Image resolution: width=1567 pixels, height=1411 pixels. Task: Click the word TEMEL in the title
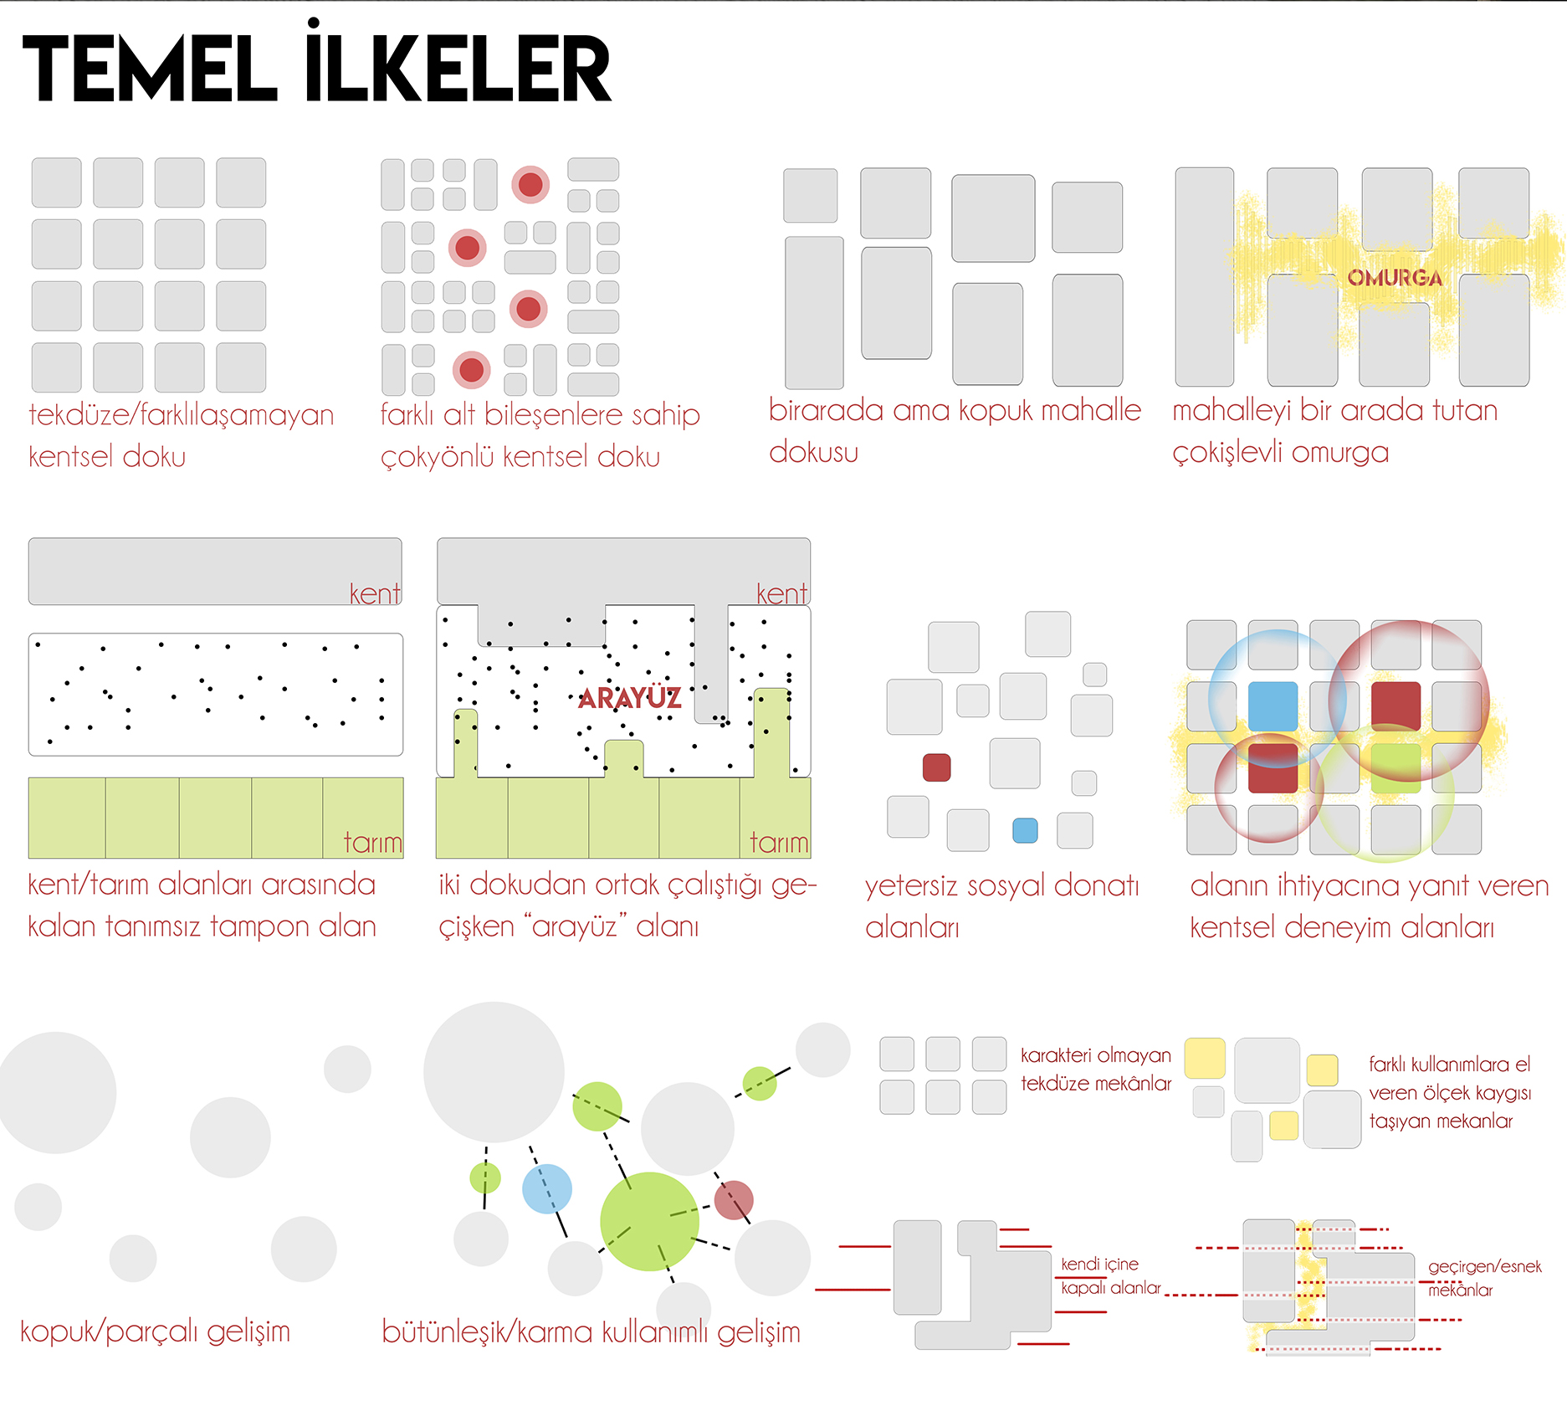pyautogui.click(x=150, y=69)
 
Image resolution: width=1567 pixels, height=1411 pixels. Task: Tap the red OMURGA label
pyautogui.click(x=1395, y=278)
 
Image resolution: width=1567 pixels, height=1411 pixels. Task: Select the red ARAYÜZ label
pyautogui.click(x=630, y=698)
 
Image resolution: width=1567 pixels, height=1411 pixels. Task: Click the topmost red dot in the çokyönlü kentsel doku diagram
pyautogui.click(x=530, y=184)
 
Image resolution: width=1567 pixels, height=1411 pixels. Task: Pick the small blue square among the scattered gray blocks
pyautogui.click(x=1025, y=830)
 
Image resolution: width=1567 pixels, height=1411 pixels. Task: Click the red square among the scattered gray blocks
pyautogui.click(x=936, y=767)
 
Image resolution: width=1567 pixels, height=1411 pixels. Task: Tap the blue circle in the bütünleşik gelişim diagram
pyautogui.click(x=547, y=1188)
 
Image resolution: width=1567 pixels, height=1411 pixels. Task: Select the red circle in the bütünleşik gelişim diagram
pyautogui.click(x=734, y=1200)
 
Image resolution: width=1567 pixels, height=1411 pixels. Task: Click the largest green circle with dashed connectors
pyautogui.click(x=649, y=1222)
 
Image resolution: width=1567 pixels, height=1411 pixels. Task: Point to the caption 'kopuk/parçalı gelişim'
pyautogui.click(x=155, y=1331)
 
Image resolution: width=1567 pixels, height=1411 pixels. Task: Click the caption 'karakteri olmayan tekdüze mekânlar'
pyautogui.click(x=1096, y=1070)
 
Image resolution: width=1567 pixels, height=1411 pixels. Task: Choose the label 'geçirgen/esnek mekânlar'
pyautogui.click(x=1484, y=1278)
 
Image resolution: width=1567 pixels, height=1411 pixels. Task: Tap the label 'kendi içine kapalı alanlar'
pyautogui.click(x=1110, y=1275)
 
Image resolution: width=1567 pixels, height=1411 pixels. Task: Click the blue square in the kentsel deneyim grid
pyautogui.click(x=1273, y=706)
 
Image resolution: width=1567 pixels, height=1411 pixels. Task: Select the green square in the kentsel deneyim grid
pyautogui.click(x=1395, y=767)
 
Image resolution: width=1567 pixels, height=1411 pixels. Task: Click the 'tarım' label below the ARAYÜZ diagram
pyautogui.click(x=779, y=843)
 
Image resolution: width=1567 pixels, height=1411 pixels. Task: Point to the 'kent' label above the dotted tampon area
pyautogui.click(x=375, y=593)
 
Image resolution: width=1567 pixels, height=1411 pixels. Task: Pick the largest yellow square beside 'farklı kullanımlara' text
pyautogui.click(x=1205, y=1058)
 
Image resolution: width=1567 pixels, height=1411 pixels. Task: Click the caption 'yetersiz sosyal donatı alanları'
pyautogui.click(x=1002, y=906)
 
